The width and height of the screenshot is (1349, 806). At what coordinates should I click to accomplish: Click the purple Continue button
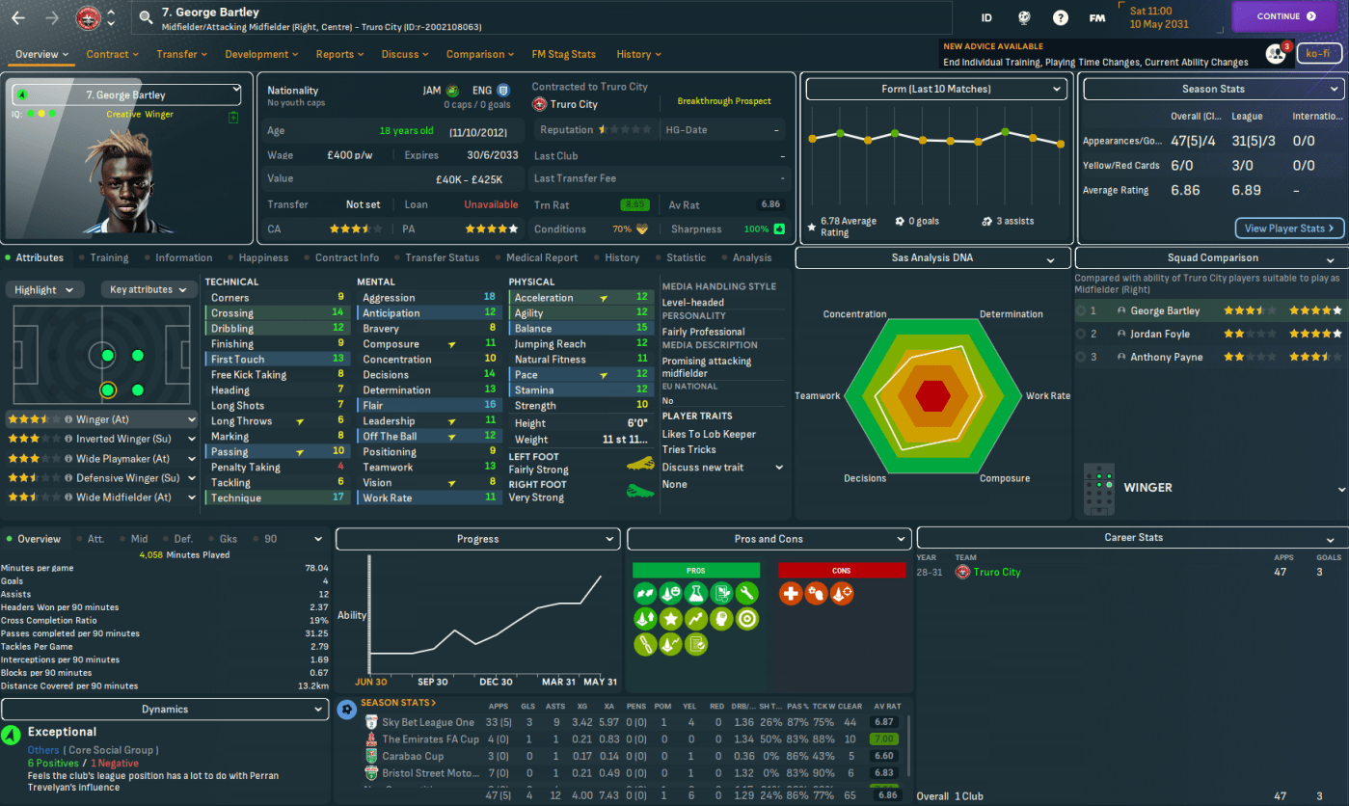click(x=1287, y=16)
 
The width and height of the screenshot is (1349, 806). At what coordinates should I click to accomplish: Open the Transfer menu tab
click(x=181, y=54)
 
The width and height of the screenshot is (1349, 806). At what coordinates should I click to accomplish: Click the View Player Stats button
click(x=1289, y=228)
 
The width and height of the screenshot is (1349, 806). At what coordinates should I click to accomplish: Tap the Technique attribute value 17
click(x=338, y=497)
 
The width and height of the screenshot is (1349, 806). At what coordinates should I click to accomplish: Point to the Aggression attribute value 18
click(x=490, y=298)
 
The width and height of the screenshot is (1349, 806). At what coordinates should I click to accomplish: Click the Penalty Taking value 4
click(x=340, y=467)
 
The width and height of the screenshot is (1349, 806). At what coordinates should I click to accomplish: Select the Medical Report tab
click(x=541, y=257)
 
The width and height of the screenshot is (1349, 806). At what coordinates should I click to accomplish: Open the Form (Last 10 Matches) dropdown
click(x=936, y=89)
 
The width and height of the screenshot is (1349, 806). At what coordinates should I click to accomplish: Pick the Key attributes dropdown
click(x=147, y=289)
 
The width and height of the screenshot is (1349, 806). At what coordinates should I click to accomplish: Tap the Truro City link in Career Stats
click(x=996, y=572)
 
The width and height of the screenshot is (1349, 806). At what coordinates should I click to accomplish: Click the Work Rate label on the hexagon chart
click(x=1048, y=396)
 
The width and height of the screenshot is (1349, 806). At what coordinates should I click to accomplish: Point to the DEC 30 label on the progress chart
click(x=496, y=682)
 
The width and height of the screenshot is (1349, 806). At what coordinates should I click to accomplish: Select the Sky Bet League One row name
click(x=428, y=722)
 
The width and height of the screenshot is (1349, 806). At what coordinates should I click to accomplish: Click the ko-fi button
click(x=1318, y=54)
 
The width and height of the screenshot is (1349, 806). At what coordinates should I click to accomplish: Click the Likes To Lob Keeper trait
click(x=709, y=434)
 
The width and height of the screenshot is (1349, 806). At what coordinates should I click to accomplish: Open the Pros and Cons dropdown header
click(x=769, y=539)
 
